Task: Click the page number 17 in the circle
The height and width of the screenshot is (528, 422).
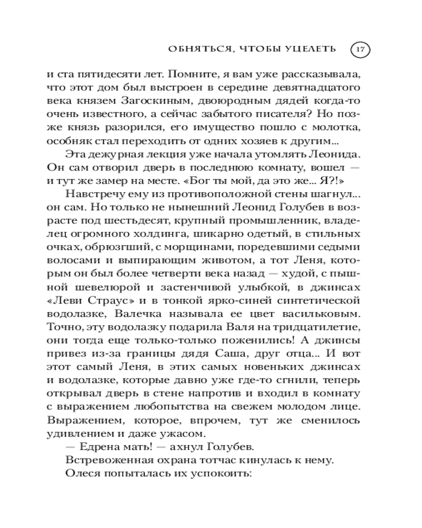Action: click(x=360, y=50)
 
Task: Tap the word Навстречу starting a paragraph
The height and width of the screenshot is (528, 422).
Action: click(x=95, y=195)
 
